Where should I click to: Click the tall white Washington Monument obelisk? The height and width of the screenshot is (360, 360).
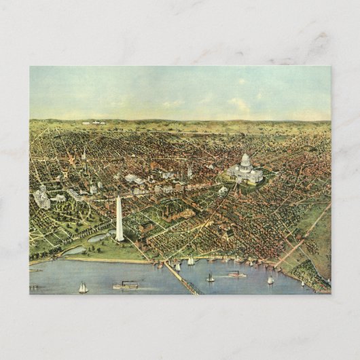click(x=119, y=221)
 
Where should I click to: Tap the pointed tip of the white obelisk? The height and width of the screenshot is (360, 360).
click(x=118, y=197)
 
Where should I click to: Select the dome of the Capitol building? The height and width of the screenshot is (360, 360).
click(x=245, y=161)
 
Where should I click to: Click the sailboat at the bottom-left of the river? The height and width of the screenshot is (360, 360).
click(x=83, y=288)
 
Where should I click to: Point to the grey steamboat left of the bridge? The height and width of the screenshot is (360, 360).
click(x=126, y=285)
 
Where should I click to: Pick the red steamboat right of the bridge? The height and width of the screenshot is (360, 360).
click(x=236, y=274)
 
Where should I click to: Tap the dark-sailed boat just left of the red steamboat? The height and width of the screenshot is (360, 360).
click(x=210, y=277)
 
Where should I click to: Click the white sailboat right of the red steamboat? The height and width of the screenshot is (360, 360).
click(x=270, y=280)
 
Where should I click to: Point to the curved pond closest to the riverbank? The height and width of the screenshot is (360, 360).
click(x=74, y=250)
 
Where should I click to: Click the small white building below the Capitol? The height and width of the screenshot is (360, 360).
click(x=223, y=191)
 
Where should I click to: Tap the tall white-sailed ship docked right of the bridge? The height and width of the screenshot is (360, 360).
click(x=191, y=261)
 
